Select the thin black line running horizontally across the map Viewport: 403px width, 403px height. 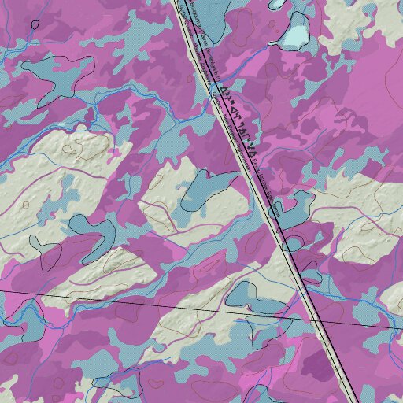coord(118,302)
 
